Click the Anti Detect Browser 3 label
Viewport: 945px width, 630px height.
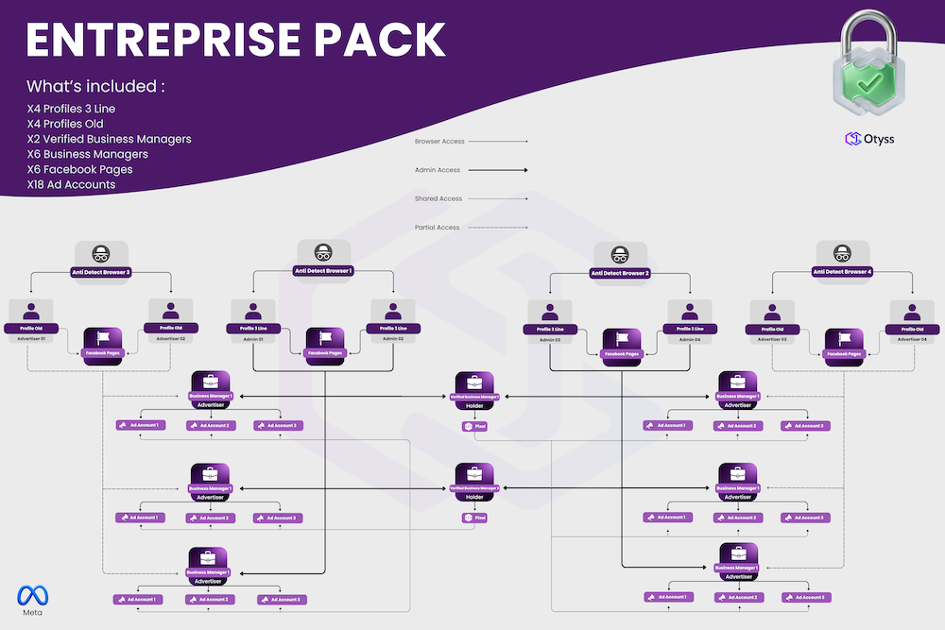click(101, 272)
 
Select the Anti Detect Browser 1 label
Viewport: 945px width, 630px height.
click(324, 271)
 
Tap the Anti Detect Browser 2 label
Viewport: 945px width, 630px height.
click(620, 273)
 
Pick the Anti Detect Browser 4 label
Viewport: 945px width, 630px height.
click(842, 272)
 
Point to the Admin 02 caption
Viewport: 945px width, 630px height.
click(393, 338)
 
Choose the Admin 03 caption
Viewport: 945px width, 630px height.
click(550, 338)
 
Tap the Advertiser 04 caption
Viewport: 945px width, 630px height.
click(912, 338)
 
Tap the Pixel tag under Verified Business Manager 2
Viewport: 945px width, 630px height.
click(474, 518)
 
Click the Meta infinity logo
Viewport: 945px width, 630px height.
click(32, 595)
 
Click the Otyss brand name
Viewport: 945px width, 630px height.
click(879, 139)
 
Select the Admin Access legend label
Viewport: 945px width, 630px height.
click(438, 170)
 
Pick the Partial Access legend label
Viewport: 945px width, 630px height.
click(438, 228)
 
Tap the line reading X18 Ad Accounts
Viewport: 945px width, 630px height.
click(72, 184)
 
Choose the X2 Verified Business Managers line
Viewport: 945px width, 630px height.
click(109, 139)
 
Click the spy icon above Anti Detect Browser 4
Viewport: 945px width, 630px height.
click(842, 253)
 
